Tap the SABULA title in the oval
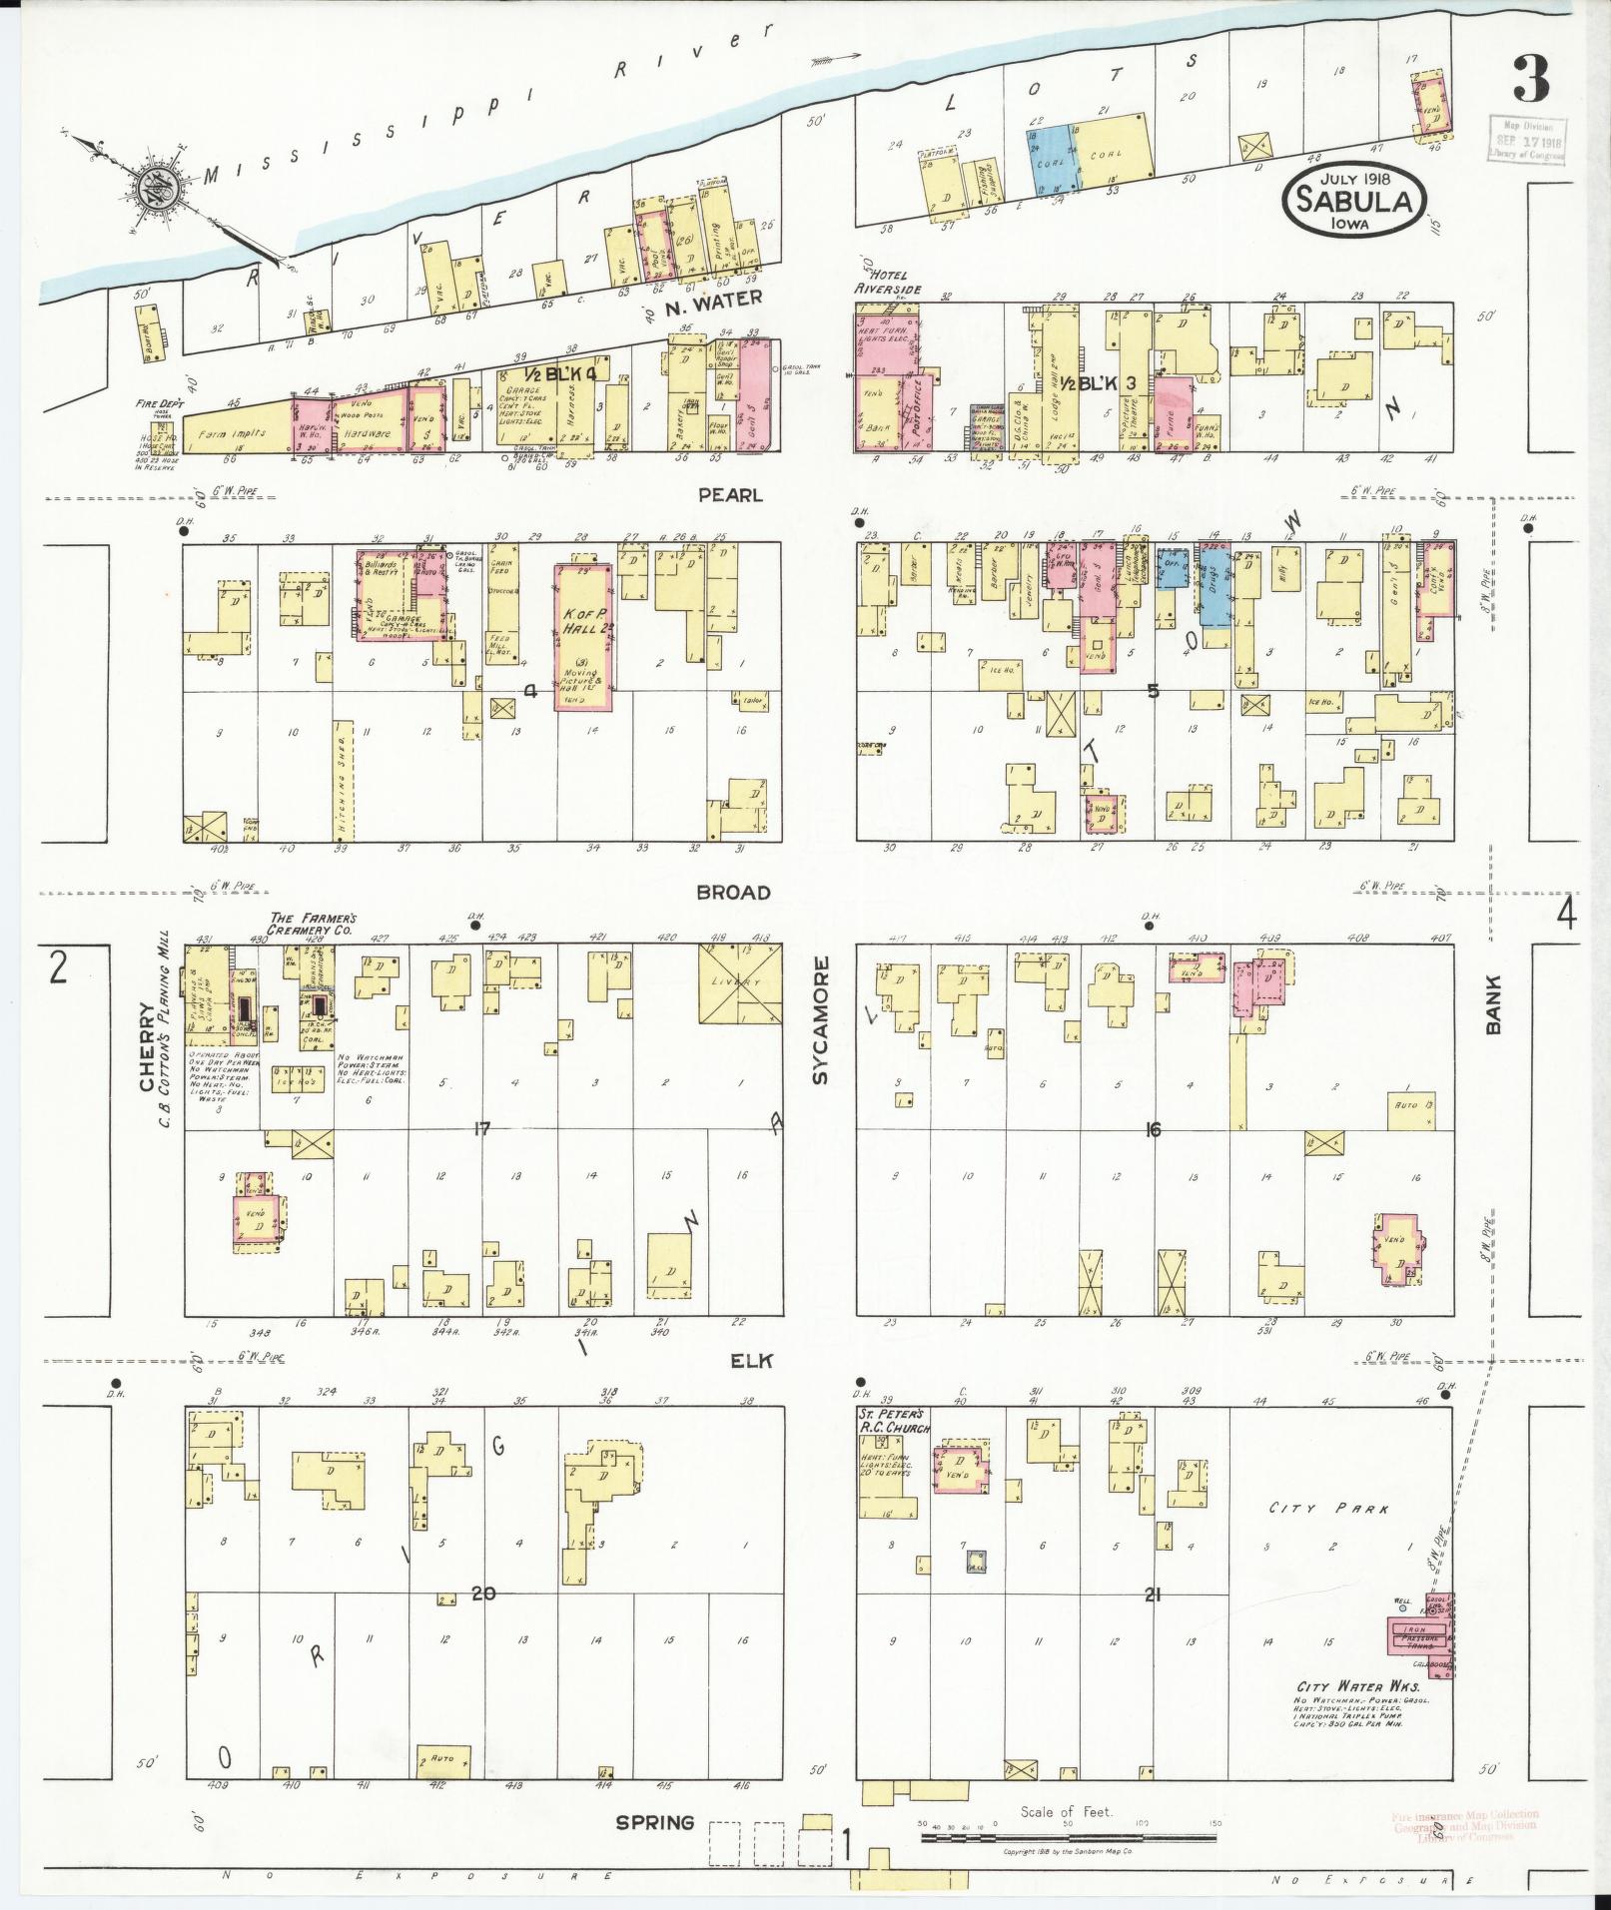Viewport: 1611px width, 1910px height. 1353,201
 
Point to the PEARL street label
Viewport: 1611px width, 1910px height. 730,495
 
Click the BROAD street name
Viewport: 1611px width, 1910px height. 734,893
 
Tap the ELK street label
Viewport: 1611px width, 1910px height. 752,1361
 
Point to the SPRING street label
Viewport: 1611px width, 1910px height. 655,1822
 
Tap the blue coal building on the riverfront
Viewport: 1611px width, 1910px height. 1057,160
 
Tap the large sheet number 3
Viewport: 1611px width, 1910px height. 1531,80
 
